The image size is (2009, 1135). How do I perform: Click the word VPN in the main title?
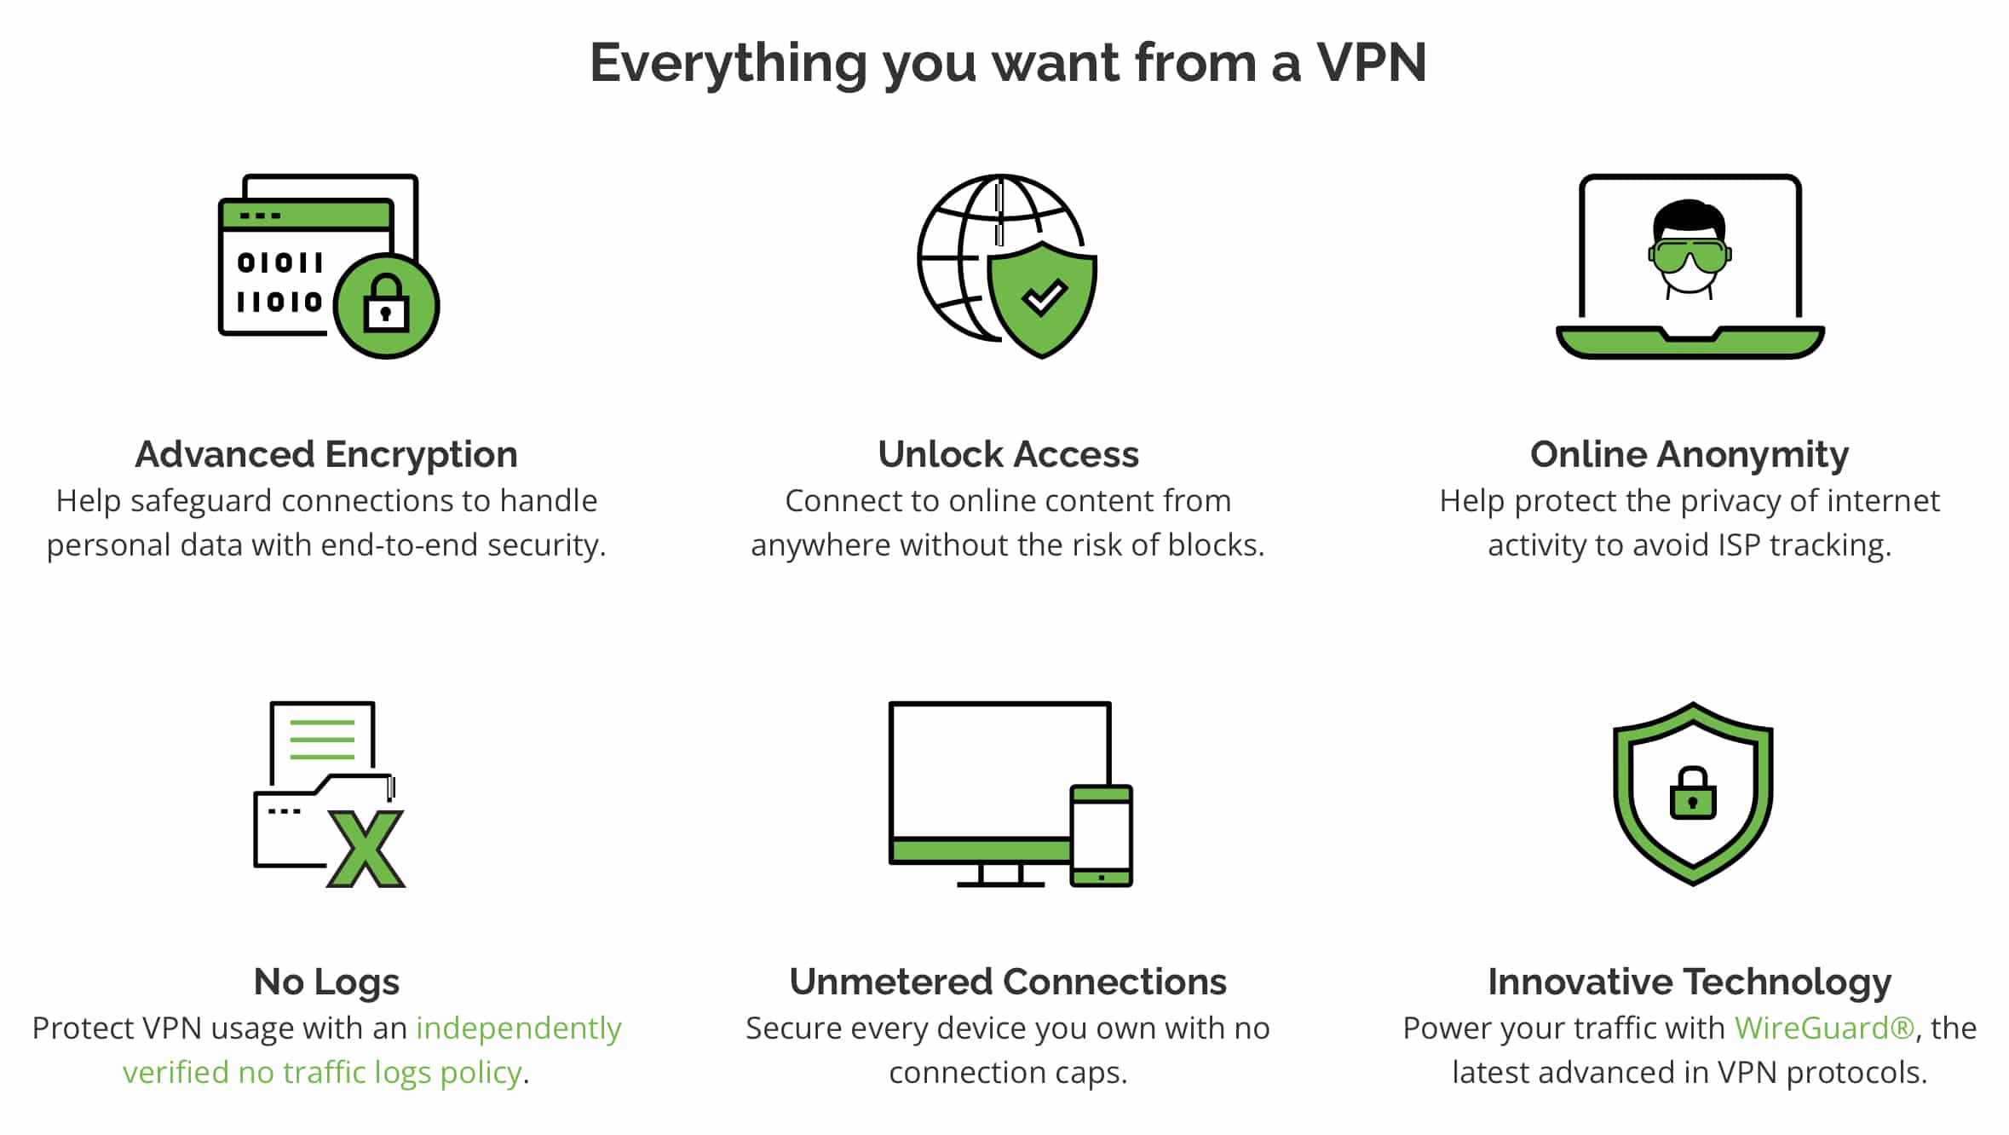(x=1371, y=63)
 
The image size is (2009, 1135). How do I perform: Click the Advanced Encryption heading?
(x=326, y=455)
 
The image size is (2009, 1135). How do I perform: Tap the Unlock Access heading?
(x=1008, y=455)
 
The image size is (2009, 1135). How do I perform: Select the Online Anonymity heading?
(x=1690, y=455)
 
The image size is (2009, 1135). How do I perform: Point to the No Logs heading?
(x=326, y=982)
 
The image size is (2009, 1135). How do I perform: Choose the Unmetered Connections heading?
(x=1008, y=982)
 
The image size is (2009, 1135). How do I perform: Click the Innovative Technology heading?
(x=1690, y=982)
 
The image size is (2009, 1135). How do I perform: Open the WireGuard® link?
(x=1824, y=1028)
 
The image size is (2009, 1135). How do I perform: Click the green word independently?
(x=518, y=1029)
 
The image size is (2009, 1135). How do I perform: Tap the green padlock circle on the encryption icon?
(x=386, y=305)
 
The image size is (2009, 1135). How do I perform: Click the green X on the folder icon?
(x=366, y=849)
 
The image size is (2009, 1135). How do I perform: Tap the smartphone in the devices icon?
(x=1101, y=836)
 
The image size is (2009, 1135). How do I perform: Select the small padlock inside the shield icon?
(x=1693, y=793)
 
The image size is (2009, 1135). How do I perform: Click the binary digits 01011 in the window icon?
(x=279, y=262)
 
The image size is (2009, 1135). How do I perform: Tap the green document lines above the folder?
(x=322, y=740)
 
